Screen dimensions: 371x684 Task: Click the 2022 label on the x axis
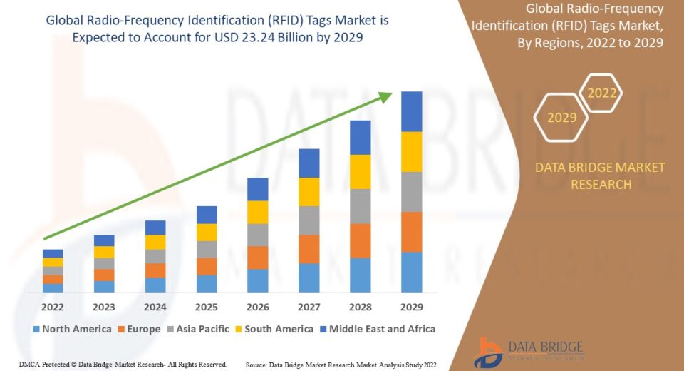53,307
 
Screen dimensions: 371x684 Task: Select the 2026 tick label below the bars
257,307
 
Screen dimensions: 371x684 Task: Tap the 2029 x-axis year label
411,307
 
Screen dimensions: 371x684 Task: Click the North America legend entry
71,329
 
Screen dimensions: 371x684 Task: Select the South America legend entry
274,329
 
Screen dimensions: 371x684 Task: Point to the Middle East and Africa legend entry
377,329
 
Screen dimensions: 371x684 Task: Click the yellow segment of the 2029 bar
411,151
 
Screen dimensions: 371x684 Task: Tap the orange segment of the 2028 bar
360,240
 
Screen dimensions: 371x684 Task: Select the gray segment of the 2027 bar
309,220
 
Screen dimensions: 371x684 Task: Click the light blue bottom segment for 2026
257,280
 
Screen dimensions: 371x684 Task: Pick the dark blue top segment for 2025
207,215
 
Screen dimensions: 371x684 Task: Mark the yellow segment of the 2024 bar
155,242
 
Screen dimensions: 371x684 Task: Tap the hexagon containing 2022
601,93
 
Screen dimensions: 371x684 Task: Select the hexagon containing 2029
561,116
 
